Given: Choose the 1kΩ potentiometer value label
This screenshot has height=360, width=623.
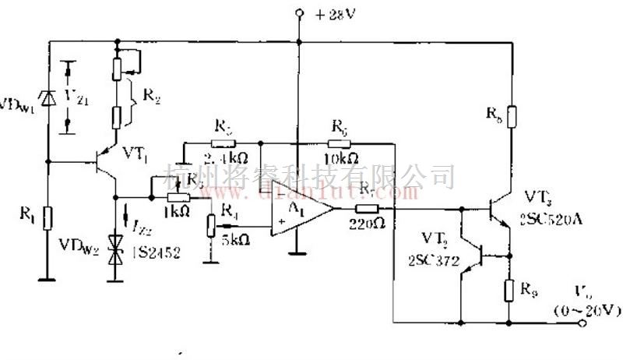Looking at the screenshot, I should pyautogui.click(x=177, y=211).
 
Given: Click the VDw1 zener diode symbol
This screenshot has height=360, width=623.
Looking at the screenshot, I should pyautogui.click(x=48, y=97).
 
